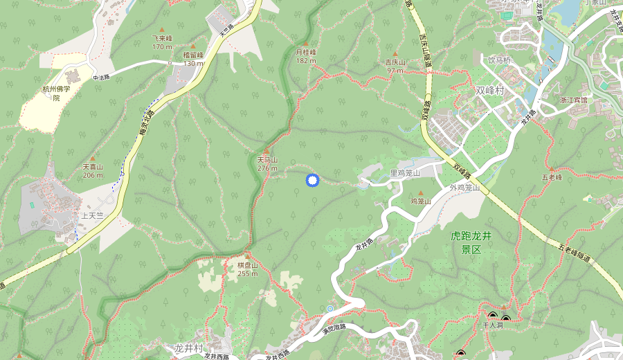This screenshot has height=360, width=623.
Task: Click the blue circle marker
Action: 312,181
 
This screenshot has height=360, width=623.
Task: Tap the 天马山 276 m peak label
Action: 267,163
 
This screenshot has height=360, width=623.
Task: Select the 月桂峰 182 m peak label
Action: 306,56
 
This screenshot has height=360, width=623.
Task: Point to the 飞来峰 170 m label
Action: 162,42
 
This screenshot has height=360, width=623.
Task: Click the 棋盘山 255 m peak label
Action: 248,269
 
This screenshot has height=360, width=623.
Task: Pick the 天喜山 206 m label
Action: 93,170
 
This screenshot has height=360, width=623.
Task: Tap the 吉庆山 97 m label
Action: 395,66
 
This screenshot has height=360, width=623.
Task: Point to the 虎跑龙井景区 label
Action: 471,242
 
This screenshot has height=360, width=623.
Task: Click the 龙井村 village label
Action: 188,348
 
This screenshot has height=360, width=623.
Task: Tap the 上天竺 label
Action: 92,215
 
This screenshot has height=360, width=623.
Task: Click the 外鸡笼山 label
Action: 464,187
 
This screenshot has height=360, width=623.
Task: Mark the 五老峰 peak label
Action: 554,177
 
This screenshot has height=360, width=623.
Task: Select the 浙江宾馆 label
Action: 573,100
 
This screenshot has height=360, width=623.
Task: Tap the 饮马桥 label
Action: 499,60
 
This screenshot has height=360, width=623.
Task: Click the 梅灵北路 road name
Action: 145,128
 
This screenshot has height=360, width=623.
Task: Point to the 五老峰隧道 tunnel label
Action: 575,252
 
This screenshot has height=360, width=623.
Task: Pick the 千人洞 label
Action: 492,324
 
